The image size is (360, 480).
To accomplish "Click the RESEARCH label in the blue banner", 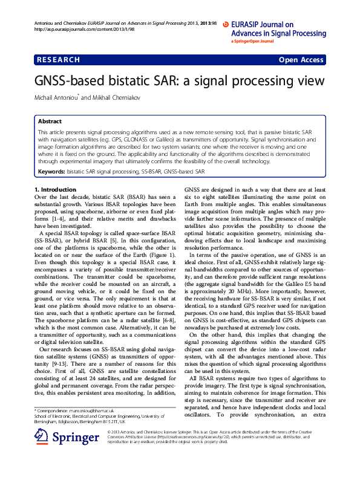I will [58, 60].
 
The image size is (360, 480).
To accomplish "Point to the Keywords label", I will [51, 172].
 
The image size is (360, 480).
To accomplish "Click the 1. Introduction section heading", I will [56, 190].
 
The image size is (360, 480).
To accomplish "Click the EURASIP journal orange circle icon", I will [226, 25].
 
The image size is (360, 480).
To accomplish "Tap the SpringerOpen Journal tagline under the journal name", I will [253, 42].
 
